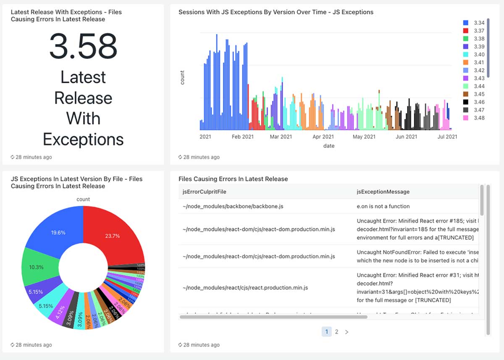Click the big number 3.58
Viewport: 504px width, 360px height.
[x=83, y=46]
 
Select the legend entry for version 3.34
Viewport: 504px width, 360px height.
[x=475, y=23]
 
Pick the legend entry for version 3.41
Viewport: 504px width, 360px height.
[x=475, y=62]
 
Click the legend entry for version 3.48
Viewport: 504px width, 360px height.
[x=475, y=118]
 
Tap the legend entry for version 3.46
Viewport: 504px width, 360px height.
[x=475, y=102]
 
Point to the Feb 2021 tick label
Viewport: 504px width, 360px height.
[x=242, y=137]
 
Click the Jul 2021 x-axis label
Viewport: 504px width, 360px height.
[x=447, y=137]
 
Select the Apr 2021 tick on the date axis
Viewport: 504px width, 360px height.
[x=323, y=137]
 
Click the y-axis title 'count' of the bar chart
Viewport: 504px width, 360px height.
[x=182, y=78]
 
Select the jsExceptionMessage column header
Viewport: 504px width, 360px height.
[x=383, y=192]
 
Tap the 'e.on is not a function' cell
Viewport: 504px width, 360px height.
[x=383, y=206]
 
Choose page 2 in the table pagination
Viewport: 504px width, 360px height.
[x=336, y=332]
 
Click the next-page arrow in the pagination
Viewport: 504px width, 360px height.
[x=346, y=332]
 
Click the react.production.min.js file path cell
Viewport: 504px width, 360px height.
[x=245, y=288]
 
